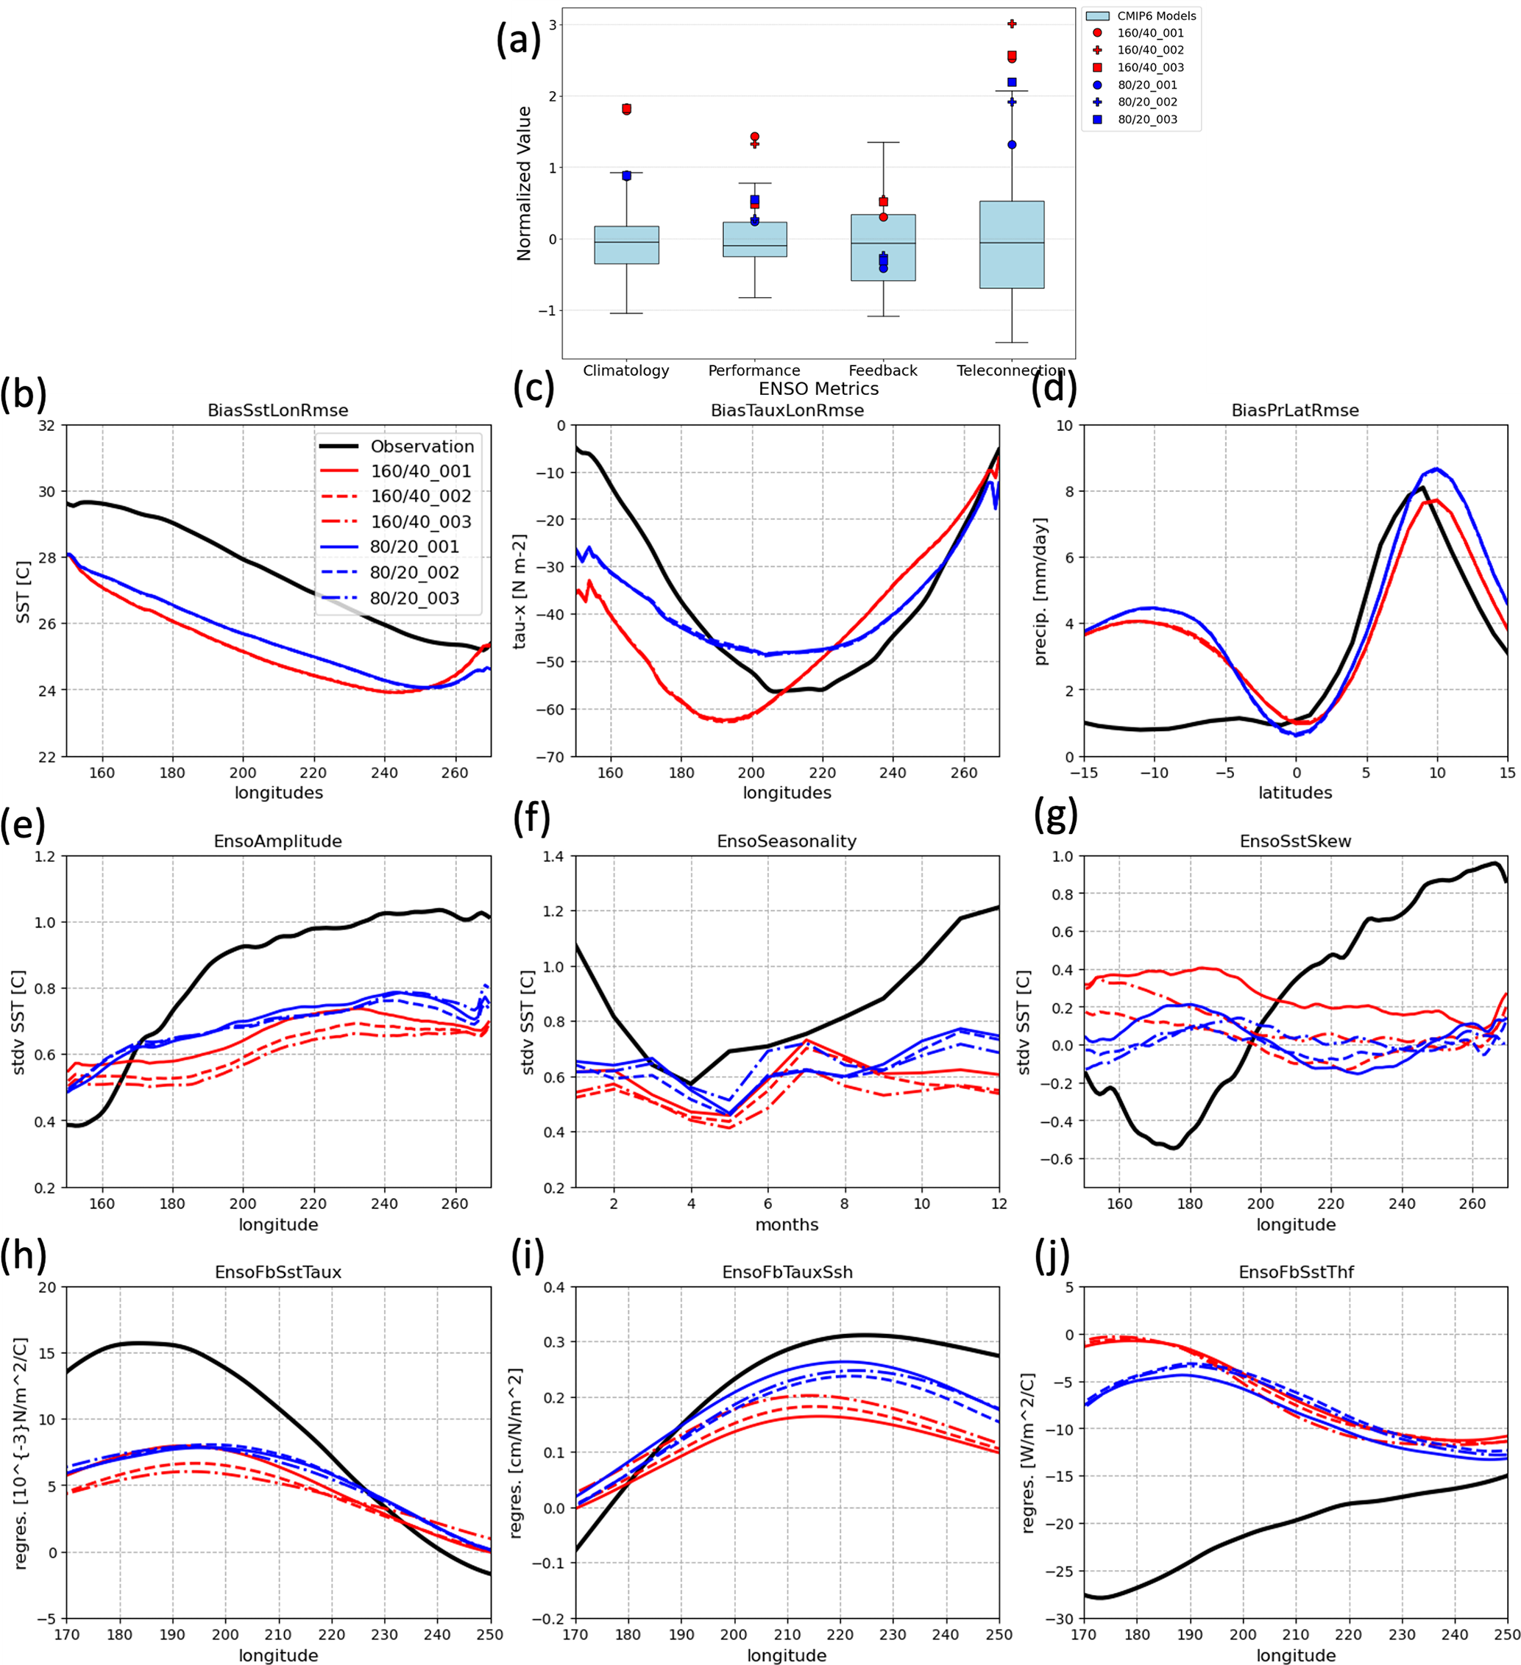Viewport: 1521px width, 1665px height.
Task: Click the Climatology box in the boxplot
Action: click(x=626, y=246)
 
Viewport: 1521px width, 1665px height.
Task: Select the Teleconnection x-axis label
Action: click(x=1010, y=371)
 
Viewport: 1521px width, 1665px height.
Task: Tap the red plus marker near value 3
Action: click(x=1012, y=24)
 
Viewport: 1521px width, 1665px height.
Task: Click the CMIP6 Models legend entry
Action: click(x=1156, y=15)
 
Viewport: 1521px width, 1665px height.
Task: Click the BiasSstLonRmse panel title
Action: click(x=277, y=410)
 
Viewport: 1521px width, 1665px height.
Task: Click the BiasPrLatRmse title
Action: click(x=1294, y=410)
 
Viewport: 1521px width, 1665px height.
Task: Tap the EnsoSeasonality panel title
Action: click(x=787, y=841)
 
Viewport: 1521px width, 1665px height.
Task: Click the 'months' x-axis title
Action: click(x=787, y=1224)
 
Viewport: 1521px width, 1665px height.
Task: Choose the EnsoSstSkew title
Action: click(x=1294, y=841)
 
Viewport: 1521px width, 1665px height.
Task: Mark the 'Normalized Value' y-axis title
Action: click(x=524, y=183)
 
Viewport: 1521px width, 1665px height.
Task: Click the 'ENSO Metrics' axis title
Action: click(x=818, y=389)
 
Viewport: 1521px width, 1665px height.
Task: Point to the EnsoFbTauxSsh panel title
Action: click(x=787, y=1272)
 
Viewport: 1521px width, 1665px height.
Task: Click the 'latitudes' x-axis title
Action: click(x=1294, y=793)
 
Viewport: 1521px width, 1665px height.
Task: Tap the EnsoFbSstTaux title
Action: click(x=277, y=1272)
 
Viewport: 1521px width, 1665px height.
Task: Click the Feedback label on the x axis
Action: click(x=882, y=371)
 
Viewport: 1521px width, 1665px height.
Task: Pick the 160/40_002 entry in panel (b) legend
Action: click(x=420, y=496)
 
